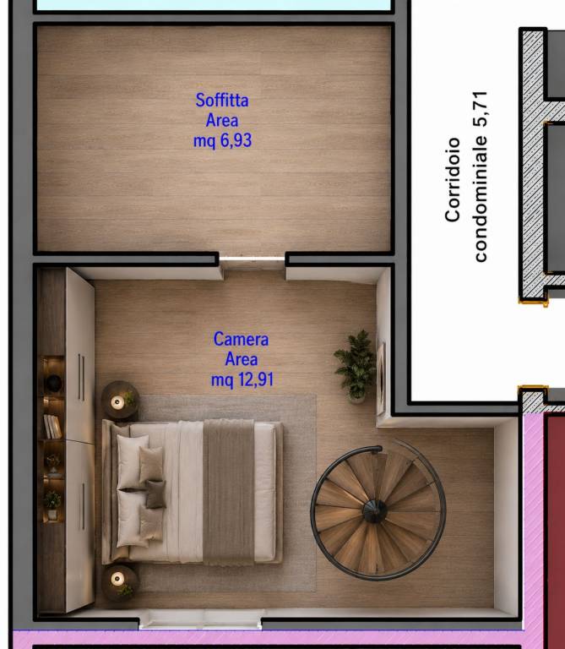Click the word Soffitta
tap(222, 101)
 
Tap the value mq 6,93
tap(222, 140)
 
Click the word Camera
tap(242, 339)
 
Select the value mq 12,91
tap(242, 379)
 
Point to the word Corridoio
tap(453, 180)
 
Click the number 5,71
tap(481, 109)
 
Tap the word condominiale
tap(481, 199)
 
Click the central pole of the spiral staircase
tap(375, 510)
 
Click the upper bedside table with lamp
tap(120, 401)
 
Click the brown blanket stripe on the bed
tap(228, 492)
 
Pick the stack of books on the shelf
tap(52, 426)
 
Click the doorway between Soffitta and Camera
tap(252, 259)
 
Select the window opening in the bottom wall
tap(200, 621)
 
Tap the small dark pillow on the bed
tap(155, 494)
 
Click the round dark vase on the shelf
tap(53, 384)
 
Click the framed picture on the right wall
tap(381, 379)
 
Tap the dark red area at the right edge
tap(555, 530)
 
